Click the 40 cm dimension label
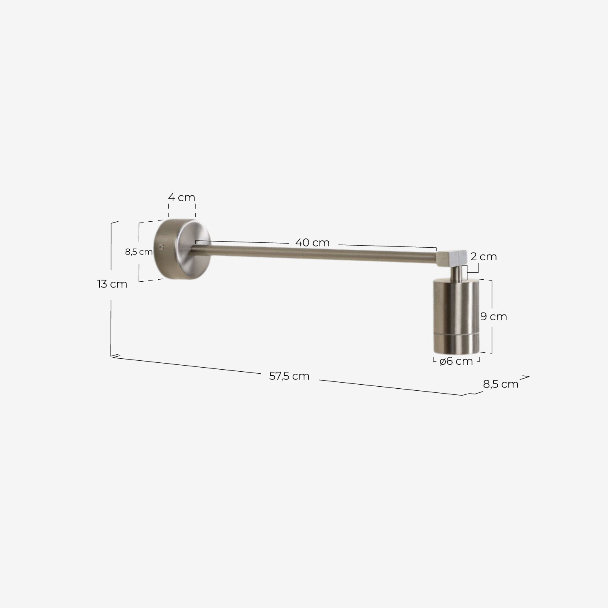(312, 243)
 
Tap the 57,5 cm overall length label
(289, 376)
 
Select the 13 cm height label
(112, 284)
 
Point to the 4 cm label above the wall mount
(182, 198)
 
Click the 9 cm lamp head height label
(494, 316)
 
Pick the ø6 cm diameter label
(456, 361)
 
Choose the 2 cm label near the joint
(484, 257)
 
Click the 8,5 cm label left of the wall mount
(139, 252)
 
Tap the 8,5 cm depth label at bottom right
(501, 384)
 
